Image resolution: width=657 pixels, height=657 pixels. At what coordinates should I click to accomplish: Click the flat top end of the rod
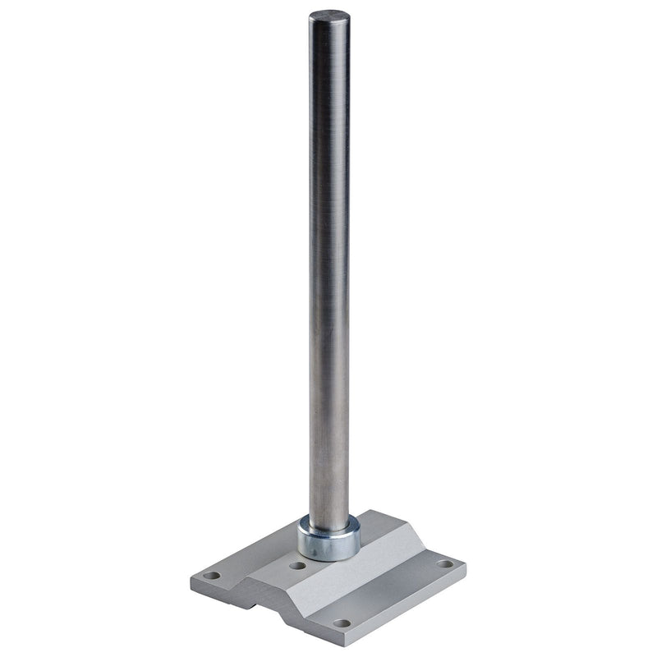pos(329,16)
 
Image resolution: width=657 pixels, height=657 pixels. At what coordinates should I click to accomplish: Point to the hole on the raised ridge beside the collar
pos(296,566)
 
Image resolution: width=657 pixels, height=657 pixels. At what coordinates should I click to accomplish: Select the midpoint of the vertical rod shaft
pos(329,271)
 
